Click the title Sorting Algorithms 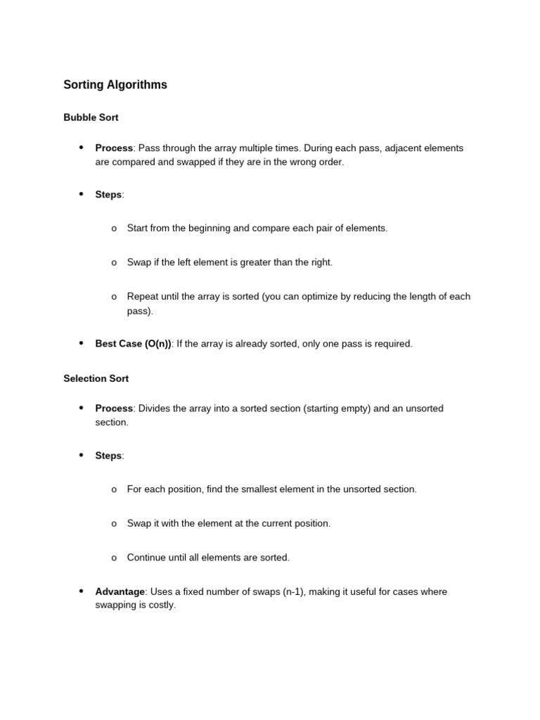115,85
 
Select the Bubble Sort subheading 91,117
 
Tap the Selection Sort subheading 96,378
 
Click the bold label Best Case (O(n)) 133,344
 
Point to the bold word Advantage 120,592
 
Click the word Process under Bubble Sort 114,148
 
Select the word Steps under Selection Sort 108,456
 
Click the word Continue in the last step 147,558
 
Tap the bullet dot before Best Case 81,343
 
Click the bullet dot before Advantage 81,591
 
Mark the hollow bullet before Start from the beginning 114,229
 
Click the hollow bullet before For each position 114,490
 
